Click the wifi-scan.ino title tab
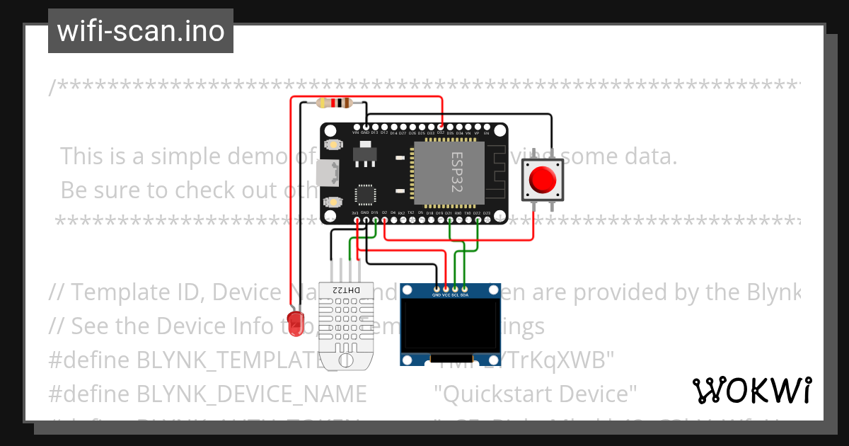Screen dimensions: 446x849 tap(140, 31)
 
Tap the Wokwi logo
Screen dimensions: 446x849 tap(751, 391)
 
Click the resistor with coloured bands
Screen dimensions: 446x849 tap(335, 103)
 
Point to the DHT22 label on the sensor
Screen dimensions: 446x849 tap(341, 290)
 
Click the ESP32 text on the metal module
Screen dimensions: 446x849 tap(457, 171)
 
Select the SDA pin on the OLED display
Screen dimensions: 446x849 tap(464, 290)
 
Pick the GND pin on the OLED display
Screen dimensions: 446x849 tap(437, 290)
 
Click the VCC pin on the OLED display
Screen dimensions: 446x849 tap(446, 290)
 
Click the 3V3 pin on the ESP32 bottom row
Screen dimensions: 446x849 tap(355, 219)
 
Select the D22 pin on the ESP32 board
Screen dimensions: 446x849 tap(477, 219)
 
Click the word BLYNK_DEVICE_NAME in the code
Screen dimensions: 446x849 tap(251, 394)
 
